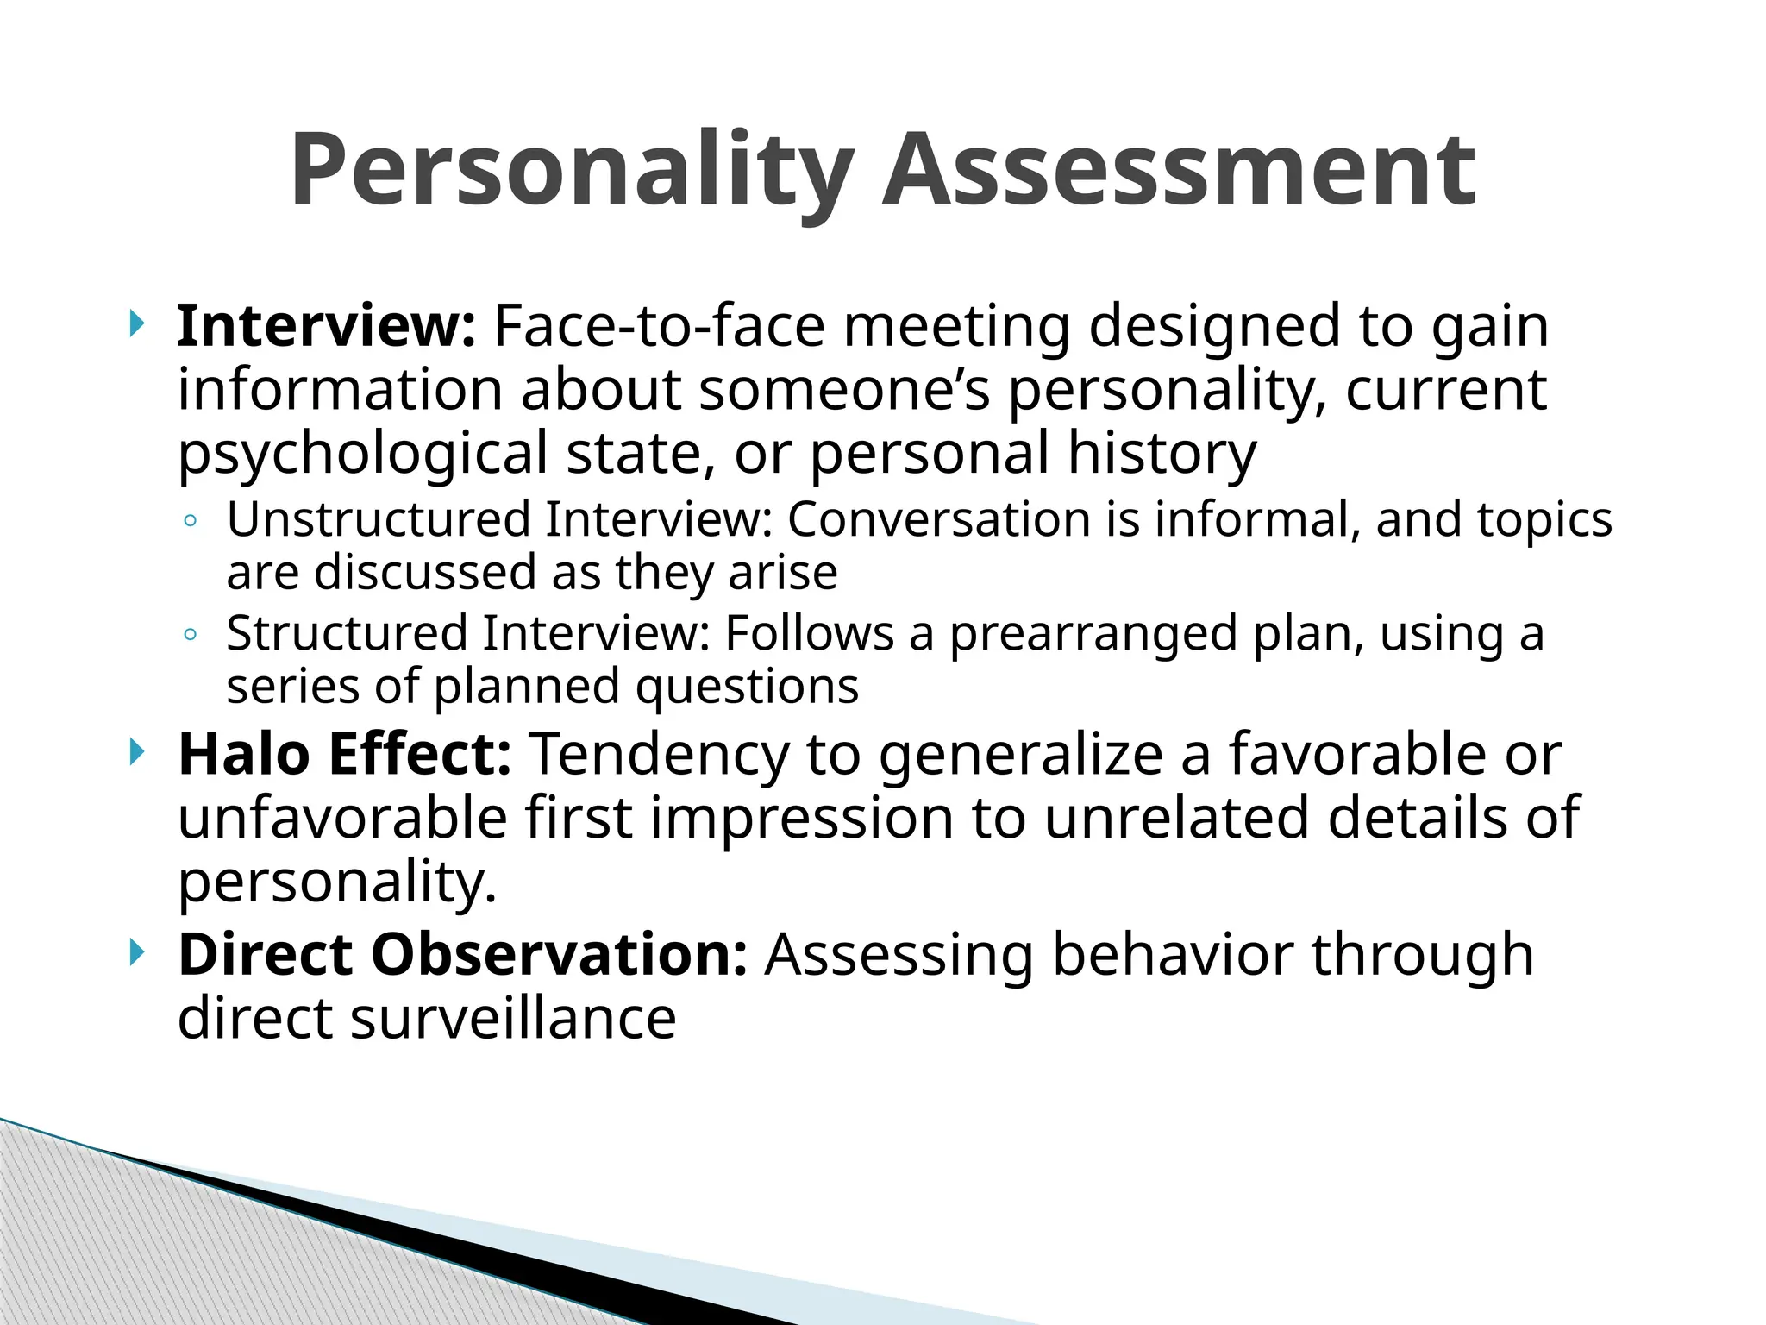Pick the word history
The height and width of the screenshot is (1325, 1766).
(1162, 452)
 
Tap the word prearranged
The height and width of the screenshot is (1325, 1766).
(1093, 634)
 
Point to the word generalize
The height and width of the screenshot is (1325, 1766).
(1021, 756)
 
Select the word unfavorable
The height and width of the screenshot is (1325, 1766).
(342, 818)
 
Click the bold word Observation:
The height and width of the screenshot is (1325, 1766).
(559, 955)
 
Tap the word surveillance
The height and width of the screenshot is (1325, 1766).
(513, 1019)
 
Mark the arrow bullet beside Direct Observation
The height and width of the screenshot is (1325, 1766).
(136, 953)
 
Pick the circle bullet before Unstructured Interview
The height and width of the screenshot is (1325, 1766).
(191, 521)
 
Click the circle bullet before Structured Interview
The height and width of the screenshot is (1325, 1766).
(191, 635)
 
